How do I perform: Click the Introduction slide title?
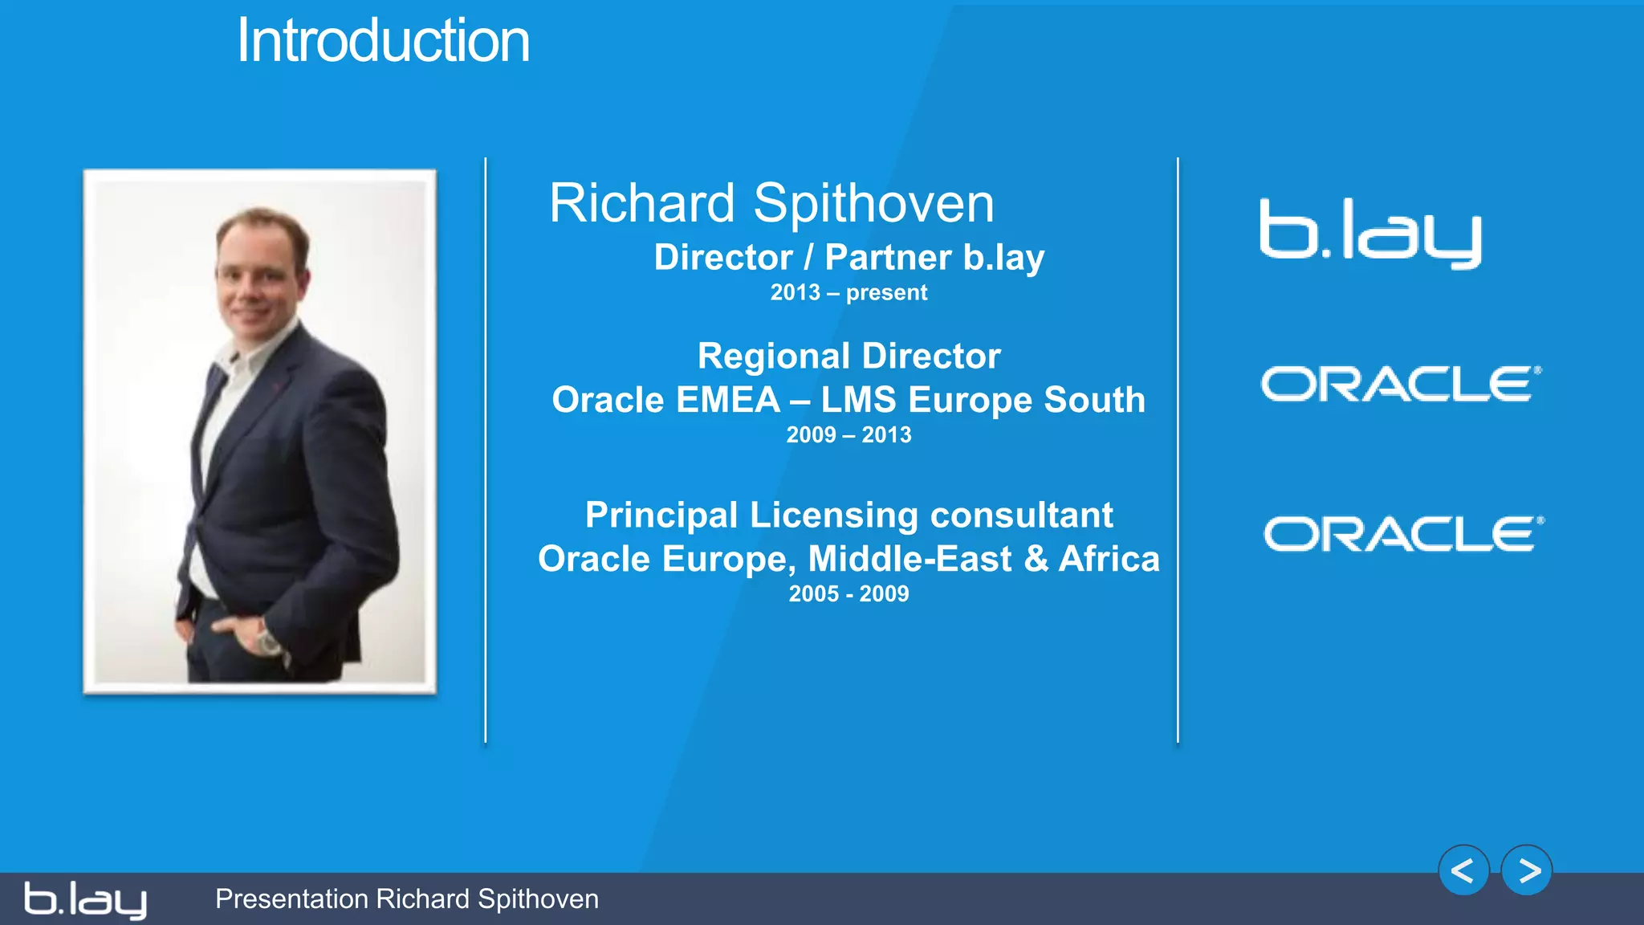pyautogui.click(x=383, y=42)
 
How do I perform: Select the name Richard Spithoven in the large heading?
pyautogui.click(x=771, y=203)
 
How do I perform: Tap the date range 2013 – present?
pyautogui.click(x=848, y=293)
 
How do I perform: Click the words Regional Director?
pyautogui.click(x=848, y=356)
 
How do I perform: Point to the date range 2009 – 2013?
pyautogui.click(x=848, y=435)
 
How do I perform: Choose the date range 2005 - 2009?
pyautogui.click(x=848, y=594)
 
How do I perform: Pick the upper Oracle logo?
pyautogui.click(x=1401, y=384)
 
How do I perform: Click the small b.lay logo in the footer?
pyautogui.click(x=85, y=900)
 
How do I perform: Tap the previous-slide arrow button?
pyautogui.click(x=1463, y=870)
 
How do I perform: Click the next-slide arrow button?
pyautogui.click(x=1527, y=870)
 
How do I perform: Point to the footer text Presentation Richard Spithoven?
pyautogui.click(x=407, y=899)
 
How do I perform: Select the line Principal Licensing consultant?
pyautogui.click(x=848, y=515)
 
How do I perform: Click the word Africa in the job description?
pyautogui.click(x=1109, y=559)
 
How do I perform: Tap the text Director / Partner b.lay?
pyautogui.click(x=848, y=258)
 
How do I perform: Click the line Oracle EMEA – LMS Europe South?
pyautogui.click(x=848, y=400)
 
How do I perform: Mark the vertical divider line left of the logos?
pyautogui.click(x=1178, y=450)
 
